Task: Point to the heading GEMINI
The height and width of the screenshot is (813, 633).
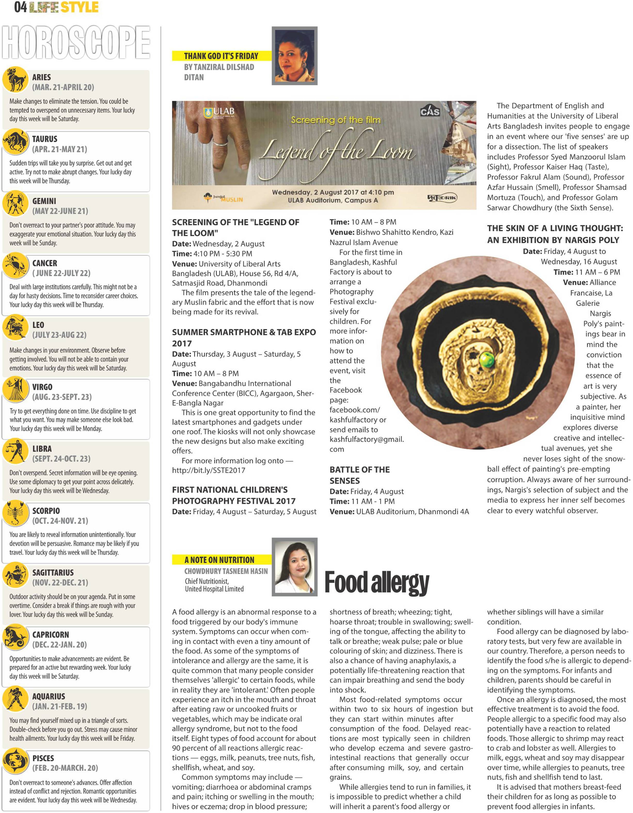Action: point(44,201)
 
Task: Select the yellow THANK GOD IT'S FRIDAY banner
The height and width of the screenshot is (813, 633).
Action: point(221,56)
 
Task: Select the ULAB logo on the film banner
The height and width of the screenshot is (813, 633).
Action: point(219,112)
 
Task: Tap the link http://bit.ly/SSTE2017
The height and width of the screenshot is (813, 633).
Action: point(209,470)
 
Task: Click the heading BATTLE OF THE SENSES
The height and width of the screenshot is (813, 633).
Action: point(359,475)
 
